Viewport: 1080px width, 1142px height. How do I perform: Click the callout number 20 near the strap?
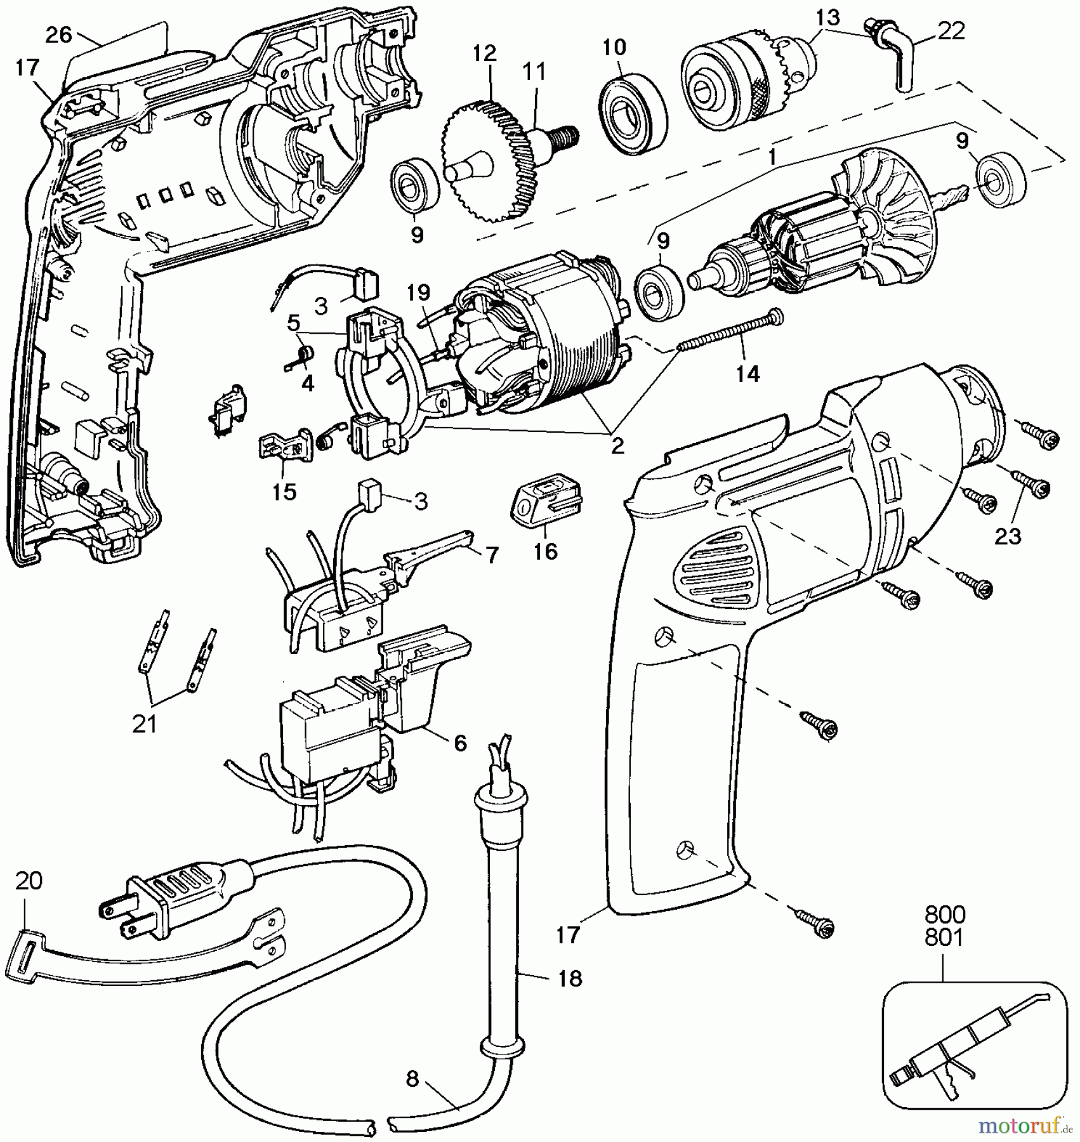tap(29, 881)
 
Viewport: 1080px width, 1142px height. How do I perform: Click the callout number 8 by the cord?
tap(412, 1079)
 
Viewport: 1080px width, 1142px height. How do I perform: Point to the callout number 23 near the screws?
tap(1008, 536)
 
